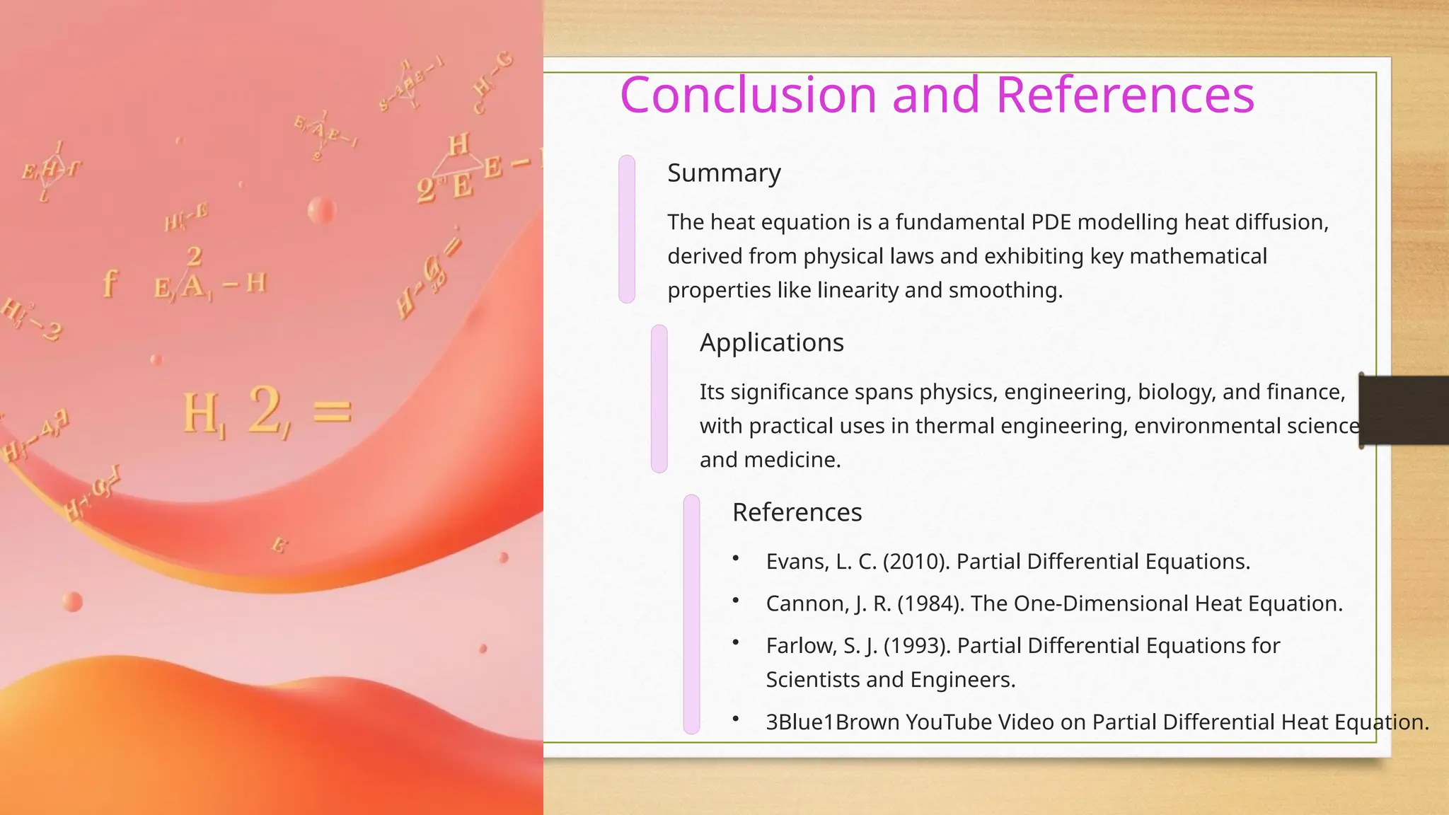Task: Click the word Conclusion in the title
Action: pos(749,95)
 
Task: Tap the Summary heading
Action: pos(724,173)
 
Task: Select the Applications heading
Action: pos(771,342)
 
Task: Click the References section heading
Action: pos(797,512)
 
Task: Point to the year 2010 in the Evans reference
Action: pos(916,562)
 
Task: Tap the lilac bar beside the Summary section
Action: pos(627,229)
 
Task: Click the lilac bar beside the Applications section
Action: pos(659,399)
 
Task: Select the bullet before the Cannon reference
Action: pos(736,601)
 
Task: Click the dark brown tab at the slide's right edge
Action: pos(1404,410)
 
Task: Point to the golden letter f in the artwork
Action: pos(109,284)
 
